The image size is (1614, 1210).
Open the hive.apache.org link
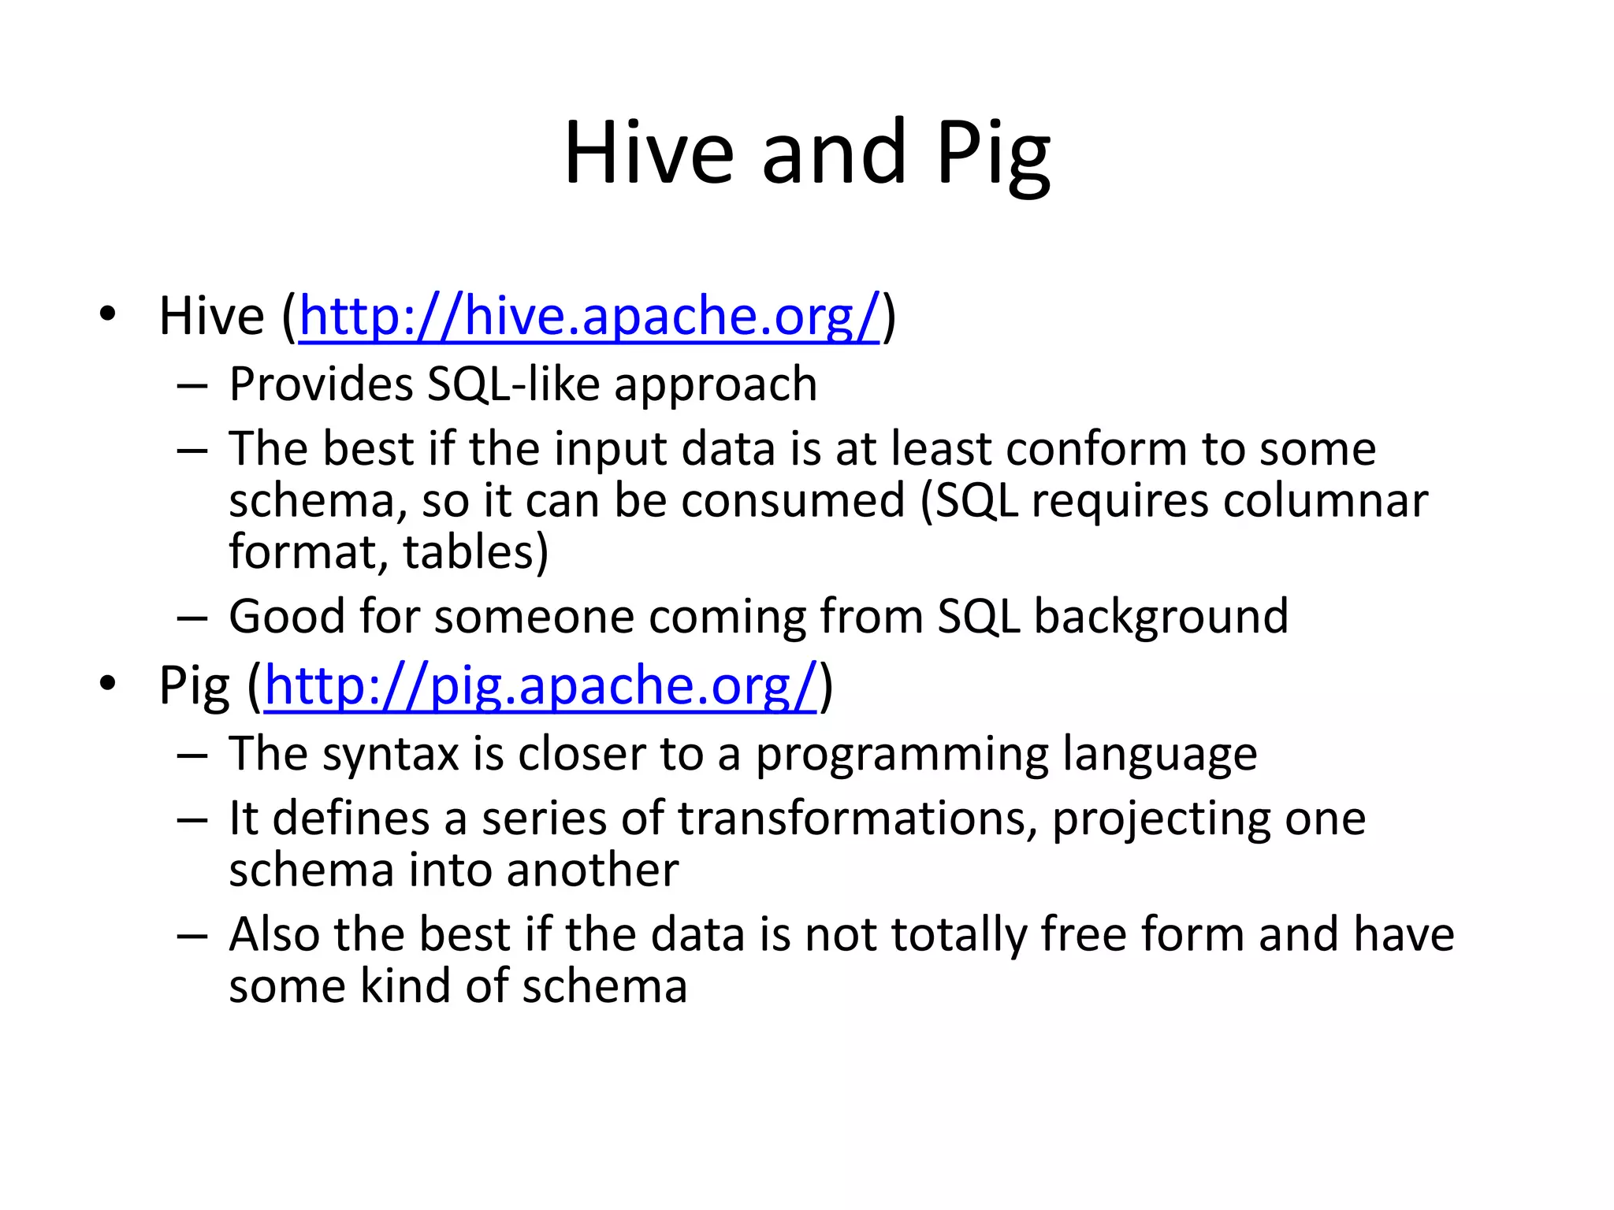(x=589, y=317)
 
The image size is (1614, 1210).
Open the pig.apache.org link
(x=540, y=686)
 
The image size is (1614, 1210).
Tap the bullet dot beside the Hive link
(x=108, y=316)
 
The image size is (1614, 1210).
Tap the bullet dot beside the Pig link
(x=108, y=685)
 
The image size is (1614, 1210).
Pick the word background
(x=1161, y=617)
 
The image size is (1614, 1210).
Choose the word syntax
(x=390, y=755)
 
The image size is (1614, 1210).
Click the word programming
(x=902, y=755)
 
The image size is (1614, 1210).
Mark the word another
(x=592, y=871)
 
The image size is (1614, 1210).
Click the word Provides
(x=321, y=385)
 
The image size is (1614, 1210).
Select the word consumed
(x=793, y=501)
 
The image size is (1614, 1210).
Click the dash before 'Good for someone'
(x=192, y=618)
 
